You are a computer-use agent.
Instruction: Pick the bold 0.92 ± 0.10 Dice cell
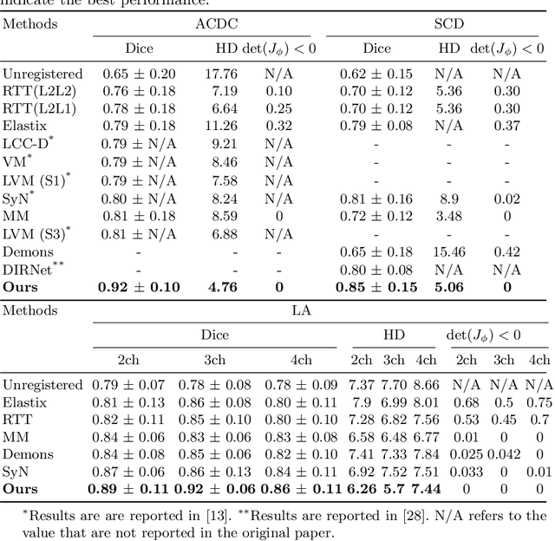pyautogui.click(x=139, y=287)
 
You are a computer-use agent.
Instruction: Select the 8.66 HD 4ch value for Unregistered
pyautogui.click(x=426, y=384)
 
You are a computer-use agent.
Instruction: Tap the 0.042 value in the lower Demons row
pyautogui.click(x=504, y=454)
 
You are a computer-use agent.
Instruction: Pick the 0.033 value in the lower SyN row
pyautogui.click(x=467, y=471)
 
